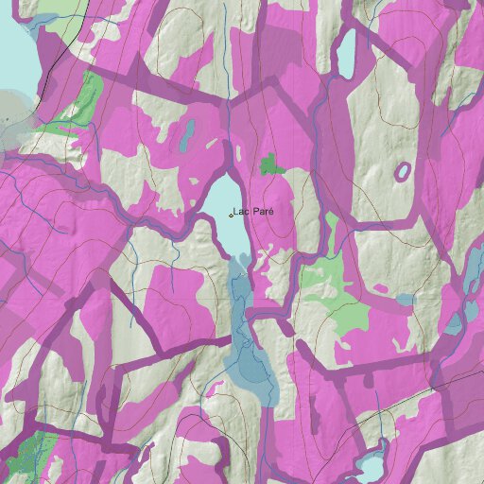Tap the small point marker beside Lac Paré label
[231, 216]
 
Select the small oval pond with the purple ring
[403, 172]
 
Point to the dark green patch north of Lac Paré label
[272, 165]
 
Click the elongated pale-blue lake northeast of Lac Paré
[346, 54]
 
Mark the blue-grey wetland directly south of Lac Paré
[251, 350]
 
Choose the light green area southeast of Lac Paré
[326, 284]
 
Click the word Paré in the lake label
[263, 212]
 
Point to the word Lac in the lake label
[241, 212]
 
